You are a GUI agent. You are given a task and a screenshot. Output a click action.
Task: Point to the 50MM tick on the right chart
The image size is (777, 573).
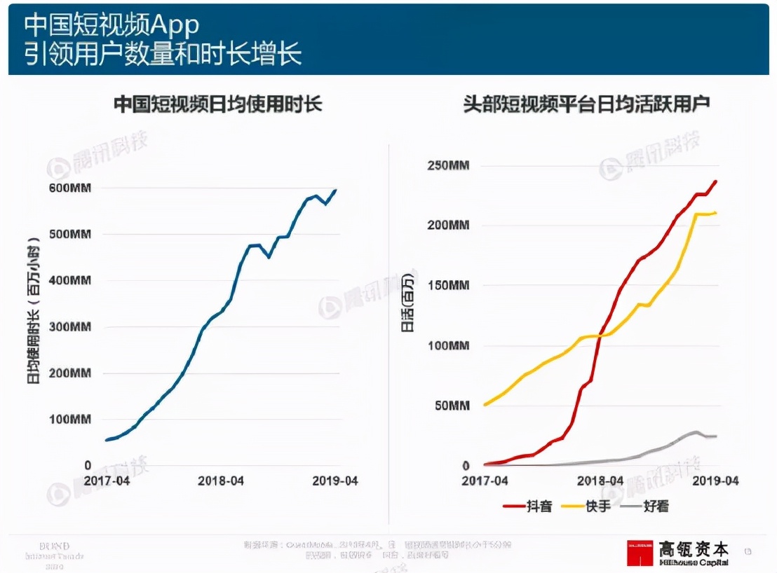[x=450, y=406]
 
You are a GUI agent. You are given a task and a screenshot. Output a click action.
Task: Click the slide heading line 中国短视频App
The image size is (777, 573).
[x=112, y=26]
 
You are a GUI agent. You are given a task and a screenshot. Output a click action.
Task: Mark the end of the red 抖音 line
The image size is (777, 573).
[x=716, y=181]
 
